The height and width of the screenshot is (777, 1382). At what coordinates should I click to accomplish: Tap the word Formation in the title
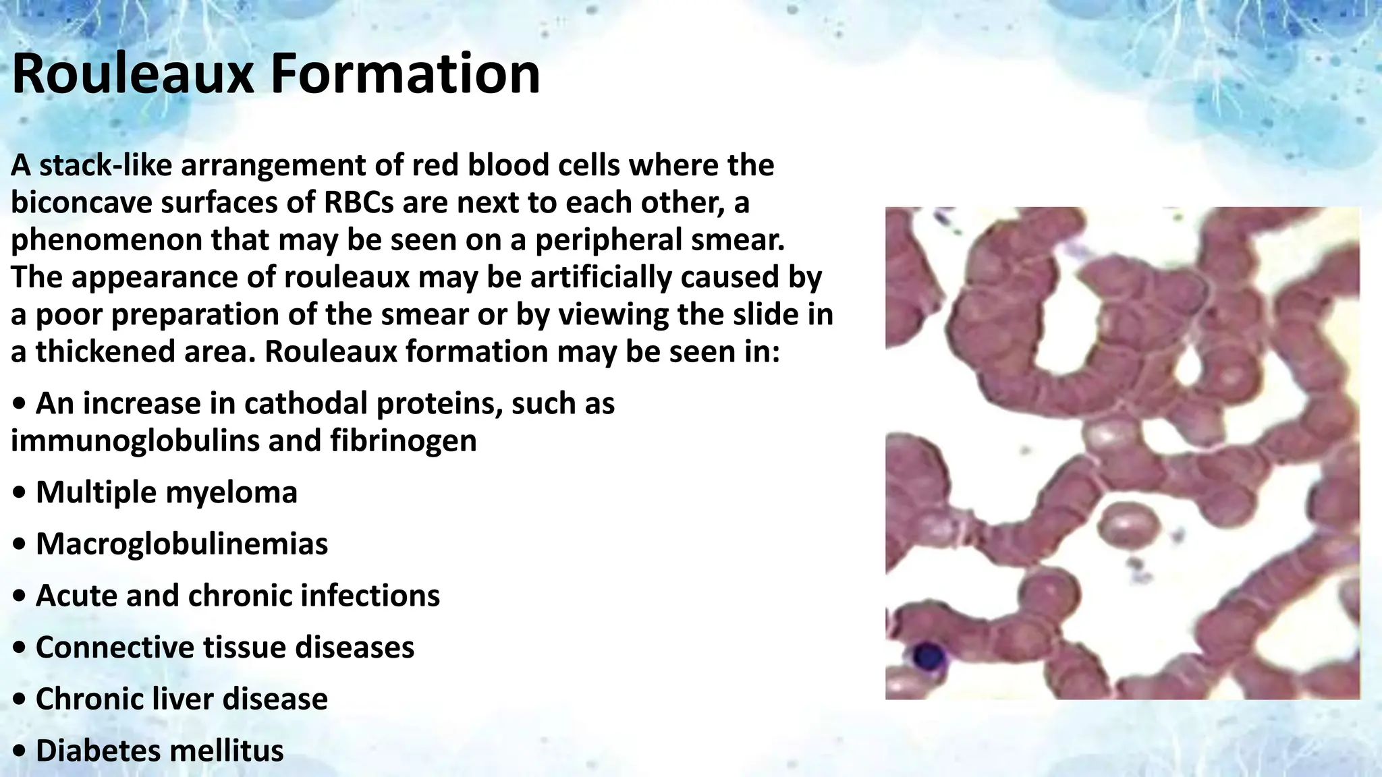coord(406,74)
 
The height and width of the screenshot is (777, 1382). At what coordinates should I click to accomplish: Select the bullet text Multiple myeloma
coord(166,492)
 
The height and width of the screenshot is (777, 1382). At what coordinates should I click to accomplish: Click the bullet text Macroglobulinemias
coord(182,544)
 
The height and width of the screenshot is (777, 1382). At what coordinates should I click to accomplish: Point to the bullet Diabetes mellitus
coord(159,750)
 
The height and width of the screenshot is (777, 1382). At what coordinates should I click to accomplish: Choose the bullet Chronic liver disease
coord(182,698)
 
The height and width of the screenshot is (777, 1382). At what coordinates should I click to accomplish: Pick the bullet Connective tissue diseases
coord(225,647)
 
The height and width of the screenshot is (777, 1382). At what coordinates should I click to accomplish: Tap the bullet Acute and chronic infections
coord(238,596)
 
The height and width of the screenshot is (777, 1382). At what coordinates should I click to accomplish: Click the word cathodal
coord(300,403)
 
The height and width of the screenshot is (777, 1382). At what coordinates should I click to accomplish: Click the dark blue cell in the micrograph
coord(928,655)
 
